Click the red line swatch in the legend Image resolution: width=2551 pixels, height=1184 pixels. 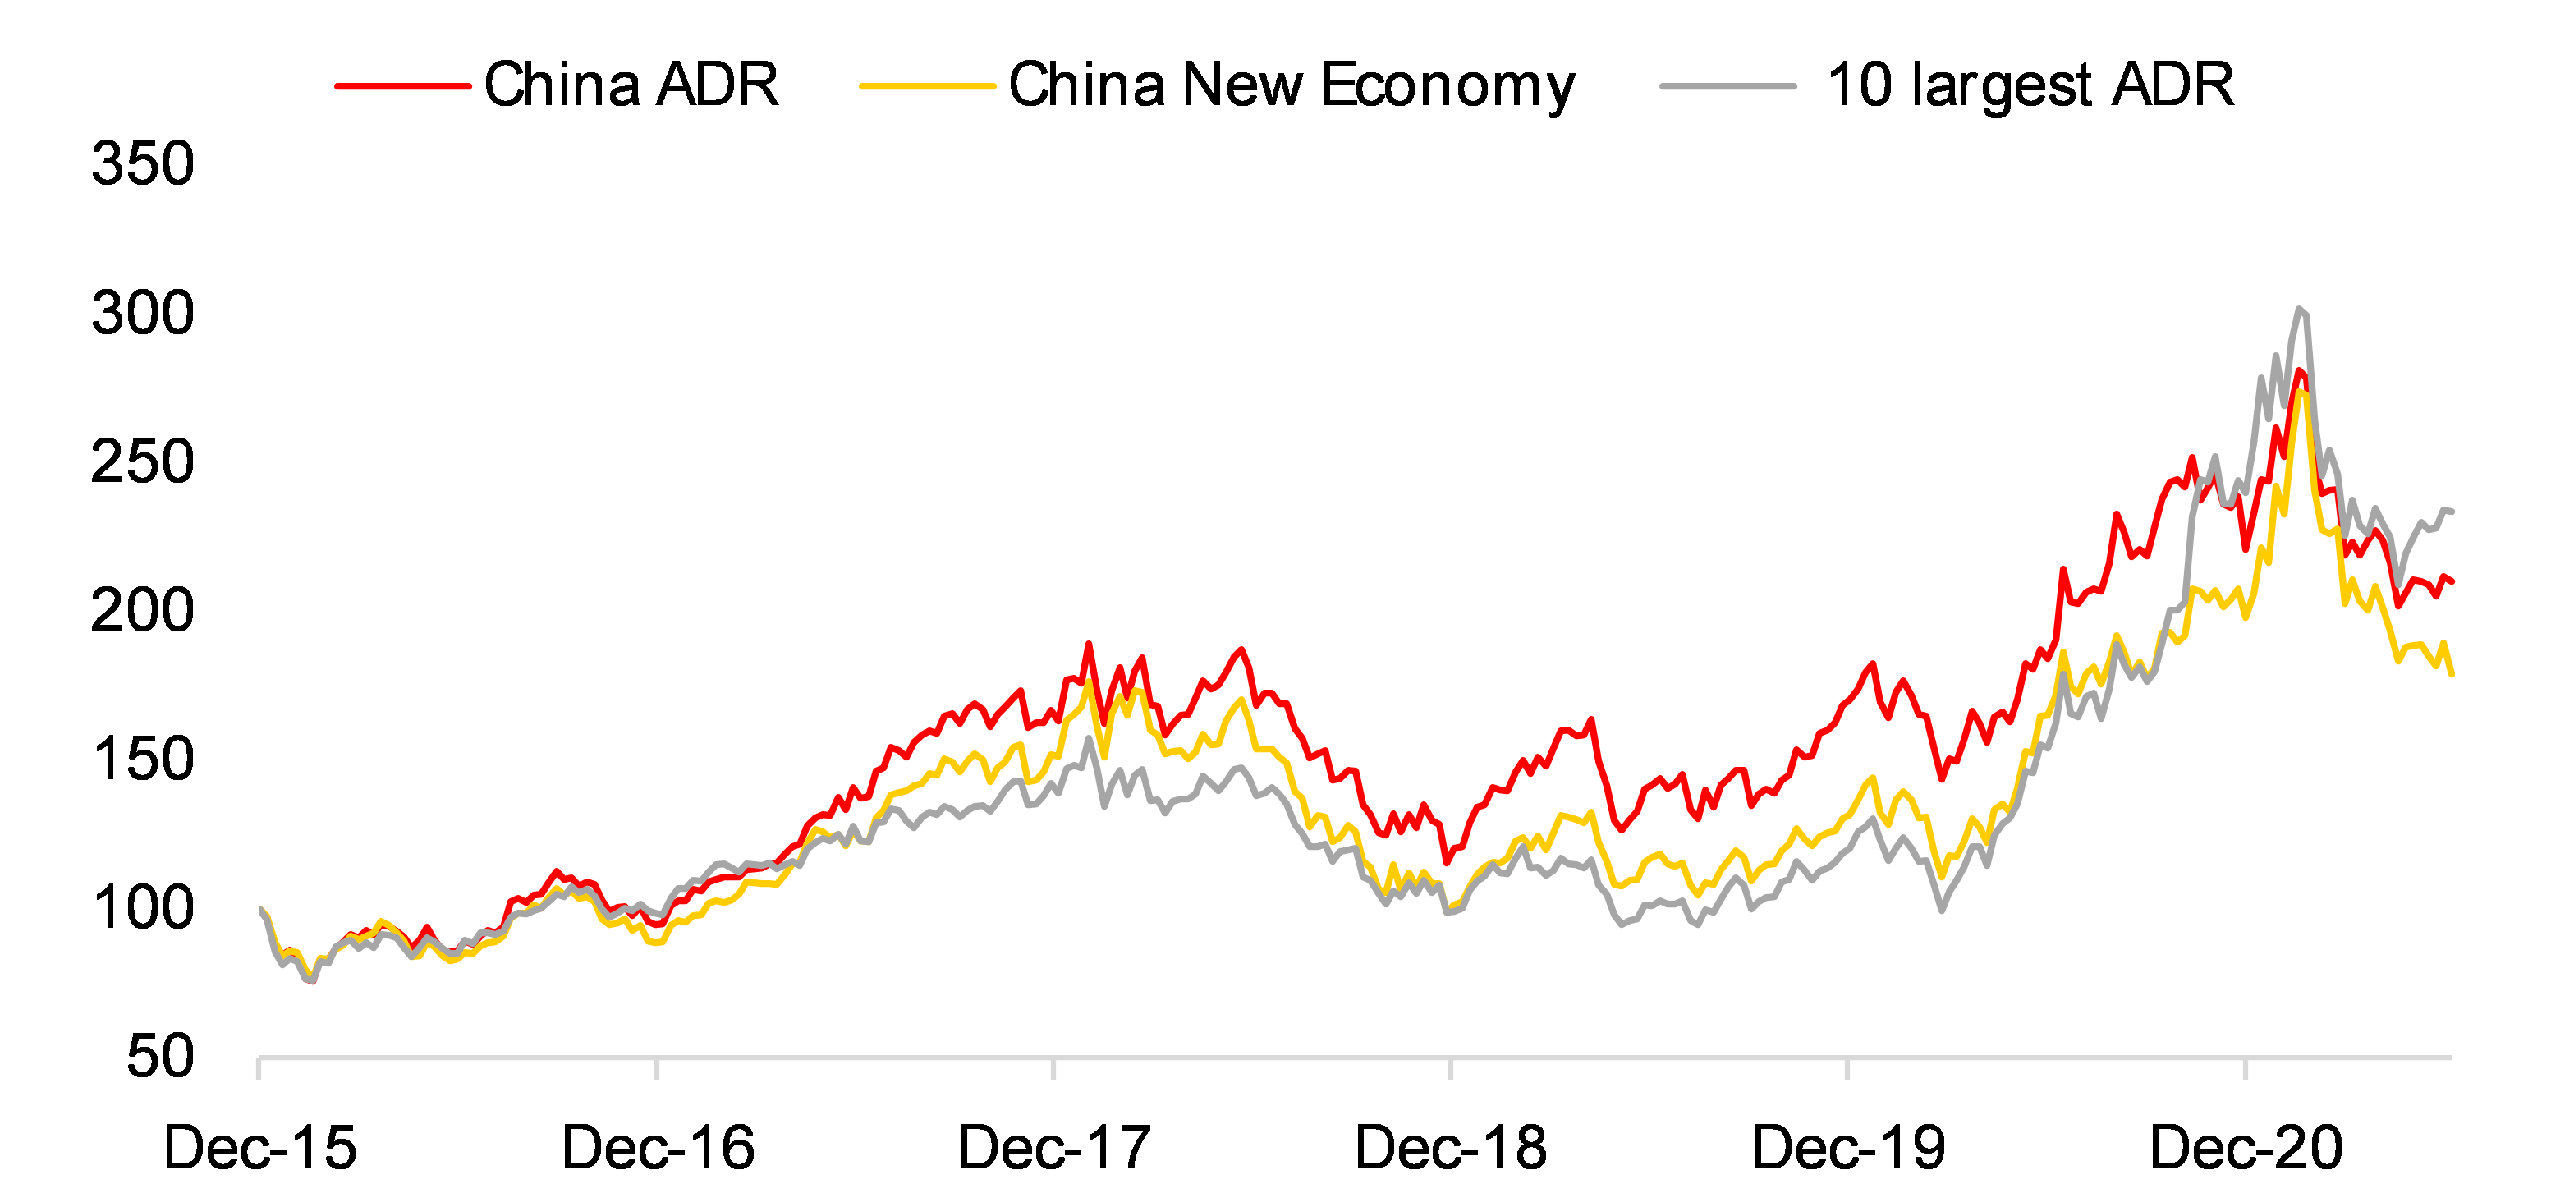[402, 86]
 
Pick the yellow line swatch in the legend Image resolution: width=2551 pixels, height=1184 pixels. [927, 86]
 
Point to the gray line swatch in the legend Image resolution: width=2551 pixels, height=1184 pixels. [1728, 86]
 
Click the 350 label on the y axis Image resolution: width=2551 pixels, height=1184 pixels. [143, 163]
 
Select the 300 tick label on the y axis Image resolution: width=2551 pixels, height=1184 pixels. [143, 313]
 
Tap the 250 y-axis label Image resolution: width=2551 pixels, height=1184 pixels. [143, 461]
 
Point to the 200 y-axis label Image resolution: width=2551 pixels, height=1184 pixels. [143, 610]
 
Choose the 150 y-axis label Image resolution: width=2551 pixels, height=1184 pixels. [143, 760]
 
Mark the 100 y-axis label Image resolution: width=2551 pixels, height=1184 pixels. [143, 908]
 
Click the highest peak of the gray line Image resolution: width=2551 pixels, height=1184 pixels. [2300, 309]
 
